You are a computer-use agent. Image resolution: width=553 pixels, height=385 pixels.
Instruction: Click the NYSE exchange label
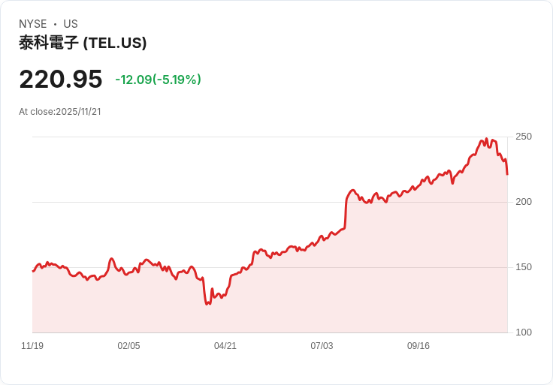click(x=33, y=24)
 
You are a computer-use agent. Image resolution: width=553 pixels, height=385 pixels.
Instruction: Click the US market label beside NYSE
click(x=70, y=24)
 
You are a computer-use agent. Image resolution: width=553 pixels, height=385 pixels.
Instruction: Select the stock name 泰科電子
click(x=48, y=43)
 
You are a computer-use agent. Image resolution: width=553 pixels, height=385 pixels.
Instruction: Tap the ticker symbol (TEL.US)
click(x=115, y=43)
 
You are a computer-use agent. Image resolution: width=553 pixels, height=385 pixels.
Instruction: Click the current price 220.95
click(x=60, y=79)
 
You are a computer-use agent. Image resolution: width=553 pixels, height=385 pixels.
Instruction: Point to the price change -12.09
click(x=133, y=80)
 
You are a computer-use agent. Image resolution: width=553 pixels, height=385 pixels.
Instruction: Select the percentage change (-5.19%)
click(x=177, y=80)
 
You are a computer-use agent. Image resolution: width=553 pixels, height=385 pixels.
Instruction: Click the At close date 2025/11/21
click(x=78, y=112)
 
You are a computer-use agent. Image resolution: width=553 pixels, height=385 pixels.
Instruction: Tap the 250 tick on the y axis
click(x=524, y=137)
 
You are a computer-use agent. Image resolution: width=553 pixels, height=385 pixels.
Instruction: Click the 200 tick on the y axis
click(x=524, y=202)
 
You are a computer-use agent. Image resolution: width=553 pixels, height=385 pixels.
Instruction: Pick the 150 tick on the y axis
click(x=524, y=267)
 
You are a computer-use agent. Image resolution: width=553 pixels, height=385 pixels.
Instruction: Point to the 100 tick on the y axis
click(x=524, y=332)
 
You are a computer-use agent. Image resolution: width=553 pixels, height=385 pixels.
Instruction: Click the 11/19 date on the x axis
click(x=32, y=346)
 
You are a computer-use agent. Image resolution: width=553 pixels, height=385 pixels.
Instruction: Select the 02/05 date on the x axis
click(x=128, y=346)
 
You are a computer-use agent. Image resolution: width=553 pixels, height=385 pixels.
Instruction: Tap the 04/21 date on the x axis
click(x=225, y=346)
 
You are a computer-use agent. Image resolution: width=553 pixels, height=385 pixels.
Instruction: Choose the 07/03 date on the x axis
click(x=322, y=346)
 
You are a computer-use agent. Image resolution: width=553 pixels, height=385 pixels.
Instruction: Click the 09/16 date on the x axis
click(x=419, y=346)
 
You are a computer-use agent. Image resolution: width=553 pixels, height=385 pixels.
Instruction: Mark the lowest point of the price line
click(x=207, y=304)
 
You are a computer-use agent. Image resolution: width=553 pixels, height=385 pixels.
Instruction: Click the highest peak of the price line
click(x=486, y=139)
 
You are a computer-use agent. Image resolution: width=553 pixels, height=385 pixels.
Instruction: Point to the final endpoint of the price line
click(x=507, y=174)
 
